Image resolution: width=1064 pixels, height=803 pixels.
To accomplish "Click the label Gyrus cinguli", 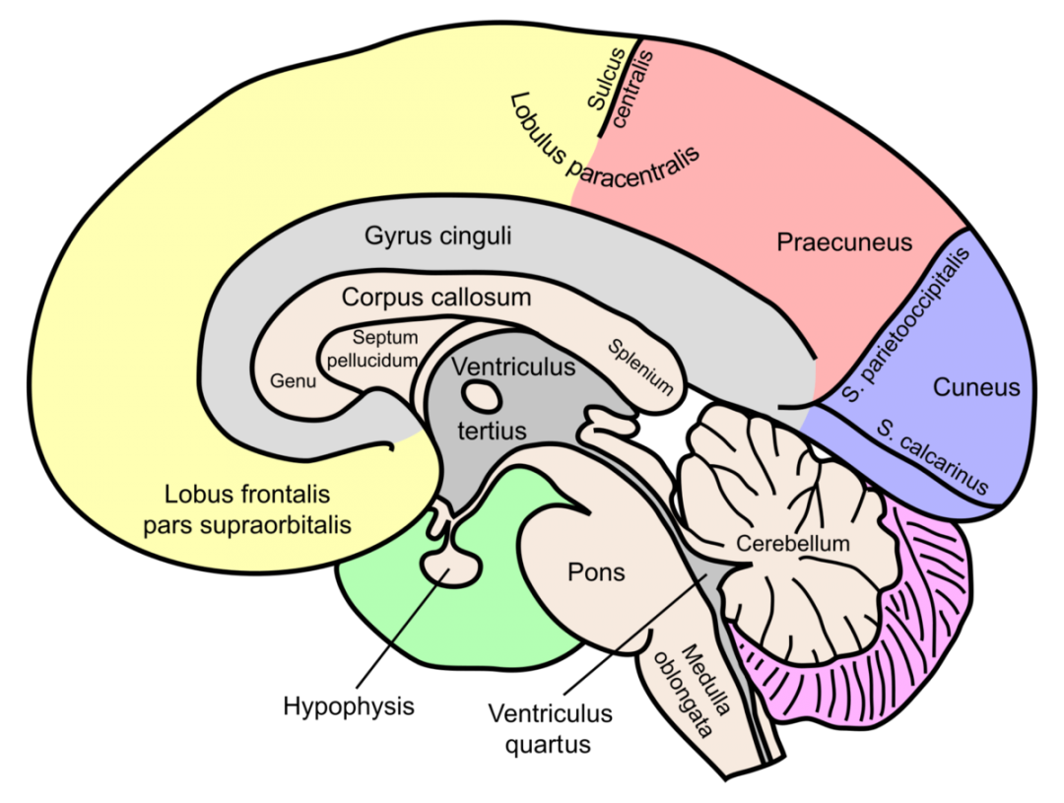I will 437,237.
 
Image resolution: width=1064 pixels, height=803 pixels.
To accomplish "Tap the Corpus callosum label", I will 436,297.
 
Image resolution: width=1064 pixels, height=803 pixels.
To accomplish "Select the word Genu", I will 293,380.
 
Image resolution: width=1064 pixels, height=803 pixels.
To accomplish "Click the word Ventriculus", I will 512,368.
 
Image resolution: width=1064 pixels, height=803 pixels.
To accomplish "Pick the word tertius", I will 492,431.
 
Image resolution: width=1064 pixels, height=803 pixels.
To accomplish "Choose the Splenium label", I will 640,367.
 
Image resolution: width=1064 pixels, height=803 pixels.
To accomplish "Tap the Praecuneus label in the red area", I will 844,241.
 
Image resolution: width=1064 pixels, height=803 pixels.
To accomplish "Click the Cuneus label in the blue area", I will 975,387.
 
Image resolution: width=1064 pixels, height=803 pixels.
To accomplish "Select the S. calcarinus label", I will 931,456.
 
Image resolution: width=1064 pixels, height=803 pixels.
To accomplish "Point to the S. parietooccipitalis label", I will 907,325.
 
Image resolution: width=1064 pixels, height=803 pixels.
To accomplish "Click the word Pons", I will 596,571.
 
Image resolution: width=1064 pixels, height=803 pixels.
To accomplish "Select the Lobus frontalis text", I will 247,494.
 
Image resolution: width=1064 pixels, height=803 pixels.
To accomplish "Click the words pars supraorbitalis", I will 247,524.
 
